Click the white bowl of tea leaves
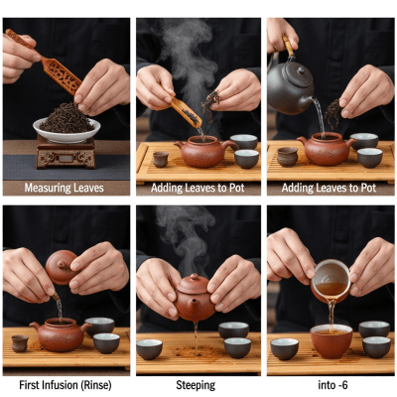pyautogui.click(x=66, y=129)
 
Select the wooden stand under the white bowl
pyautogui.click(x=66, y=153)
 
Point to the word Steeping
pyautogui.click(x=198, y=383)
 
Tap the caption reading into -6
pyautogui.click(x=331, y=383)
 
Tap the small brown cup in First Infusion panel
pyautogui.click(x=20, y=342)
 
